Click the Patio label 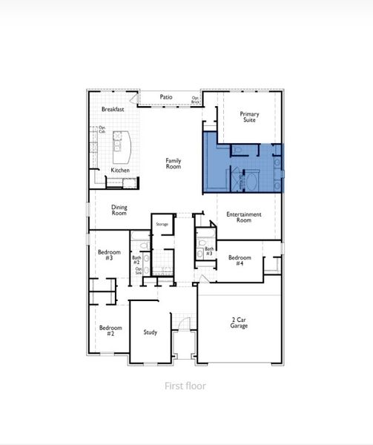click(166, 97)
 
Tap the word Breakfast click(113, 110)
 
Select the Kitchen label click(120, 171)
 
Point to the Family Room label click(174, 164)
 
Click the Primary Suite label click(249, 116)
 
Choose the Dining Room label click(119, 211)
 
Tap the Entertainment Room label click(244, 217)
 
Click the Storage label click(162, 223)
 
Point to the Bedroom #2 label click(110, 331)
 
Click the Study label click(150, 332)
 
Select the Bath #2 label click(136, 260)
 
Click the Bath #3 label click(210, 251)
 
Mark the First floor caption click(185, 386)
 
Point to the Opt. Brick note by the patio click(197, 99)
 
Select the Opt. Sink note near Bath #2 click(139, 271)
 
